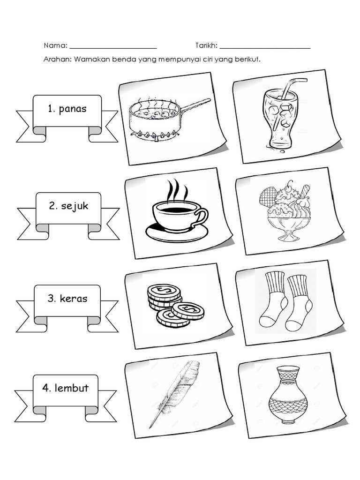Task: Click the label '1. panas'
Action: tap(67, 109)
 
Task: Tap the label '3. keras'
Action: tap(67, 299)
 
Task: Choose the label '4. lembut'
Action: tap(65, 388)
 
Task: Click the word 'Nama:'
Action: tap(55, 46)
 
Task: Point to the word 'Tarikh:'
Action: tap(206, 46)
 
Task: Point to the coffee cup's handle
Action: tap(201, 218)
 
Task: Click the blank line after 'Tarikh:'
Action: tap(265, 47)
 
